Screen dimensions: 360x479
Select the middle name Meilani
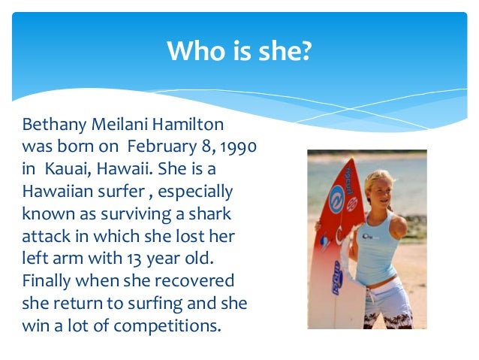pos(117,123)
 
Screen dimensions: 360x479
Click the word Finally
pos(48,281)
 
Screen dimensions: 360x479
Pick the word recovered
pos(195,281)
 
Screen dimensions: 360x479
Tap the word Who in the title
pos(191,51)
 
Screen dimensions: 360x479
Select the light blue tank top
pos(378,244)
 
